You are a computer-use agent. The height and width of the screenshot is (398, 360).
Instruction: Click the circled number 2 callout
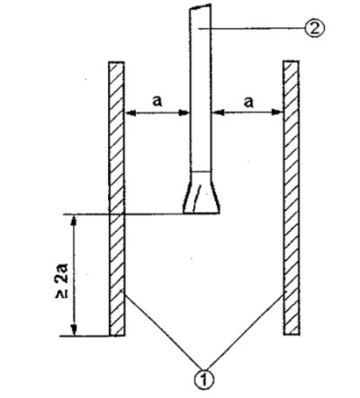pyautogui.click(x=314, y=29)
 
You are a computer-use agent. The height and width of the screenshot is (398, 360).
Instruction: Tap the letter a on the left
pyautogui.click(x=157, y=101)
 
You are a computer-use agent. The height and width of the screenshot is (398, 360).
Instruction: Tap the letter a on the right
pyautogui.click(x=248, y=102)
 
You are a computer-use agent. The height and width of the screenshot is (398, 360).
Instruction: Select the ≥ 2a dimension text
pyautogui.click(x=62, y=280)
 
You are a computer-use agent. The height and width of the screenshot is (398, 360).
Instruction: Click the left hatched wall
pyautogui.click(x=117, y=199)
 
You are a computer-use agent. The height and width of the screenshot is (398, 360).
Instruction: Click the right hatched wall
pyautogui.click(x=291, y=197)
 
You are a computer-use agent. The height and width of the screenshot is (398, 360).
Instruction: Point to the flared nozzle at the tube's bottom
pyautogui.click(x=202, y=193)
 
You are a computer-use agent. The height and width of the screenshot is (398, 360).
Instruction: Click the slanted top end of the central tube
pyautogui.click(x=200, y=6)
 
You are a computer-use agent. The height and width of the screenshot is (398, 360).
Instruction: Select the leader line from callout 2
pyautogui.click(x=252, y=29)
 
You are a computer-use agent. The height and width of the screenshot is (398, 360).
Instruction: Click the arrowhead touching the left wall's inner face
pyautogui.click(x=130, y=113)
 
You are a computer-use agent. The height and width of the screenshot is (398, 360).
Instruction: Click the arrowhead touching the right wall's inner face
pyautogui.click(x=277, y=113)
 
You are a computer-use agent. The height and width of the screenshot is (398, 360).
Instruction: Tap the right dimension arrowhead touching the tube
pyautogui.click(x=217, y=113)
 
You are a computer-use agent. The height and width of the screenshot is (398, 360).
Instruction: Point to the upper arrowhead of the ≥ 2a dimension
pyautogui.click(x=74, y=221)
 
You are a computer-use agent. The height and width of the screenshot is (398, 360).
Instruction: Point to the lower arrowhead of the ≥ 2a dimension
pyautogui.click(x=74, y=330)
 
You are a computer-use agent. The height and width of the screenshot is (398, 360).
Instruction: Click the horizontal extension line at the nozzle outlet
pyautogui.click(x=141, y=214)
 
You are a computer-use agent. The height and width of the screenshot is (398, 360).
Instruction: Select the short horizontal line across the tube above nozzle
pyautogui.click(x=200, y=172)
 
